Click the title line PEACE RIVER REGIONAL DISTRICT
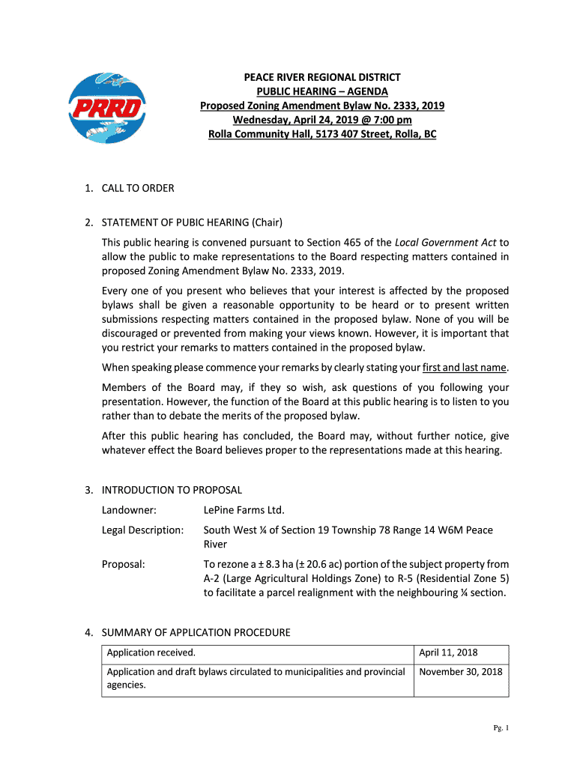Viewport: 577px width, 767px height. tap(321, 77)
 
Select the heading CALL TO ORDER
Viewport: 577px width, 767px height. tap(138, 188)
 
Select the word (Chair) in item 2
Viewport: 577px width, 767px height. tap(267, 222)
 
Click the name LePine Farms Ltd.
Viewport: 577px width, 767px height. tap(244, 510)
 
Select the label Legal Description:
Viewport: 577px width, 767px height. tap(142, 530)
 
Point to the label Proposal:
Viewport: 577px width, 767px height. tap(124, 564)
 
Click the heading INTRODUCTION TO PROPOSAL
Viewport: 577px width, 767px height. tap(172, 490)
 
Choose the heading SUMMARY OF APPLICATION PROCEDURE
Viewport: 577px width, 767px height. tap(196, 633)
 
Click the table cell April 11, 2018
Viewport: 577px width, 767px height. tap(448, 653)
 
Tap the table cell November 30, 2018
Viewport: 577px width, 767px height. tap(461, 672)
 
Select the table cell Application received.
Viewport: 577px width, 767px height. tap(151, 653)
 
